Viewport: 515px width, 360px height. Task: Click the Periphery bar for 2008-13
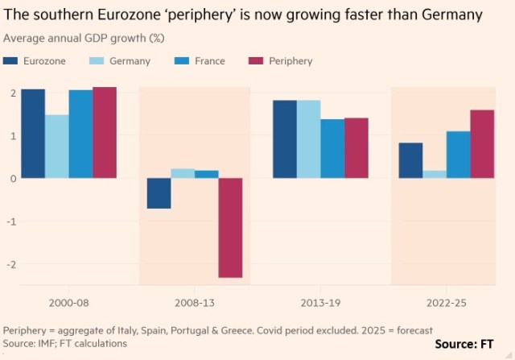(x=231, y=227)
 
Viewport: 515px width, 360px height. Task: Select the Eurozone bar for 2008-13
(x=159, y=193)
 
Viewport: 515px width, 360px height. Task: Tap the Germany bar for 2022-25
(x=435, y=174)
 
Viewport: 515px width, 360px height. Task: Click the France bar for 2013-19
(x=332, y=148)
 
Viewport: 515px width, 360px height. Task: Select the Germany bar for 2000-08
(x=56, y=146)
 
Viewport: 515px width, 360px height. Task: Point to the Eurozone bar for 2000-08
(x=33, y=133)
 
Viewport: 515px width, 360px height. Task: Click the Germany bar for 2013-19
(x=309, y=139)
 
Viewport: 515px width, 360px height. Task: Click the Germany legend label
(x=130, y=61)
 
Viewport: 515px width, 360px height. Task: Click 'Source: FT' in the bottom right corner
(x=470, y=344)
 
